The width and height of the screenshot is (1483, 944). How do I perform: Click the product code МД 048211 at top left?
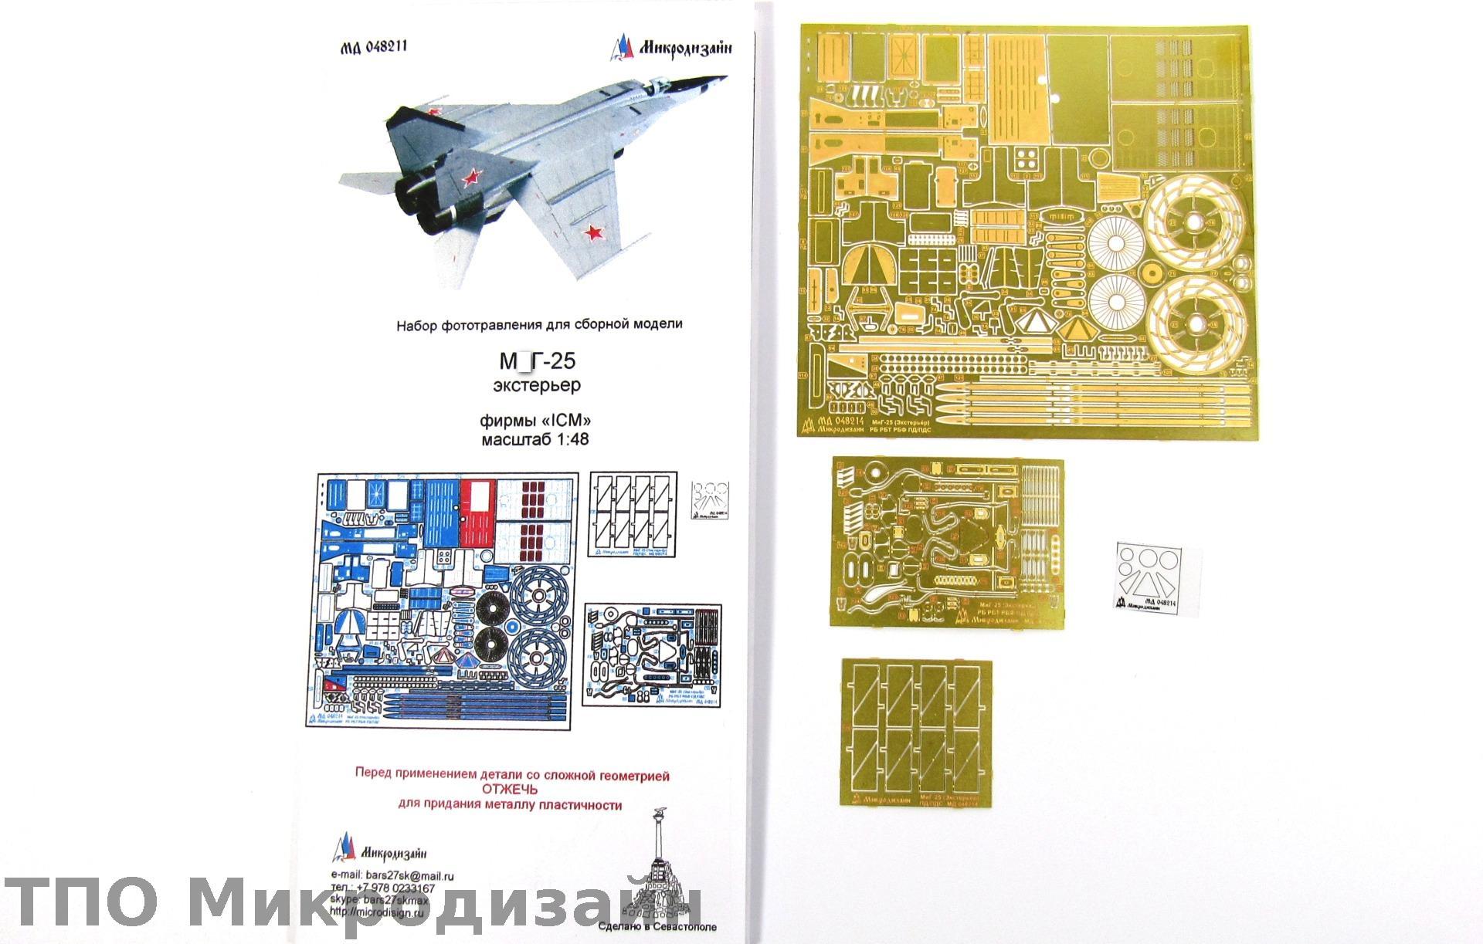point(374,46)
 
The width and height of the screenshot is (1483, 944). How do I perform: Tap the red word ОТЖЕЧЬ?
point(510,790)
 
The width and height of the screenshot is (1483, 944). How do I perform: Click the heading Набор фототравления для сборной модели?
point(539,325)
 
